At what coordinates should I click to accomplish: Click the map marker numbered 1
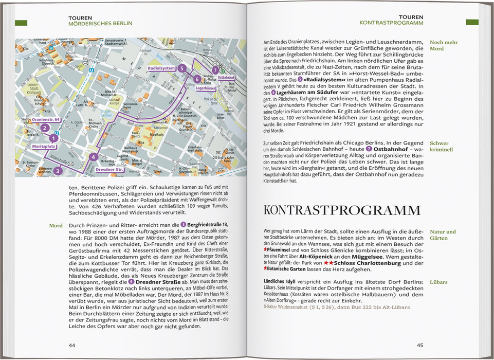(52, 138)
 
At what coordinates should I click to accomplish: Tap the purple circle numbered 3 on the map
(58, 171)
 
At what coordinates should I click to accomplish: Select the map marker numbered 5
(181, 68)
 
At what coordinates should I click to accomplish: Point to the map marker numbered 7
(215, 70)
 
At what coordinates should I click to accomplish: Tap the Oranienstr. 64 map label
(47, 119)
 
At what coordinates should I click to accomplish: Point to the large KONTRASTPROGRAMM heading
(341, 210)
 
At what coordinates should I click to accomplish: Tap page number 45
(419, 345)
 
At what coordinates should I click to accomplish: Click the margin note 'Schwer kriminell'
(442, 147)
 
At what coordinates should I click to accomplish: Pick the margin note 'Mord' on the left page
(56, 225)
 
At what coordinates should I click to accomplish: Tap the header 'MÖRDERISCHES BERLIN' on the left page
(100, 23)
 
